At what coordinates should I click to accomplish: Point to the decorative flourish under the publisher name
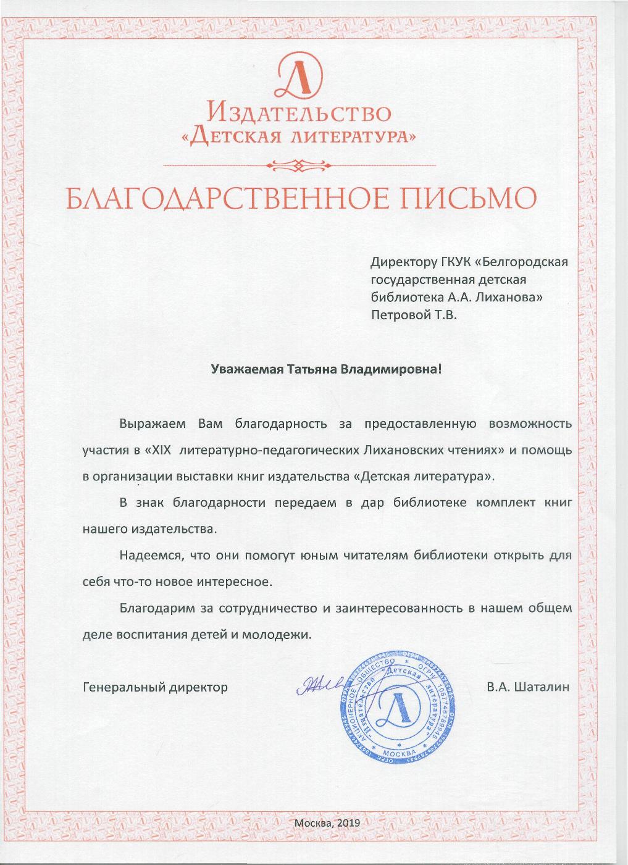coord(299,165)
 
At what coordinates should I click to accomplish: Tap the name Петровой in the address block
coord(397,315)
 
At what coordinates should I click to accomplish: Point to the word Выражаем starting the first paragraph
coord(154,424)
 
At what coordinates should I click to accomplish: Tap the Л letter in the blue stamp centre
coord(393,709)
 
